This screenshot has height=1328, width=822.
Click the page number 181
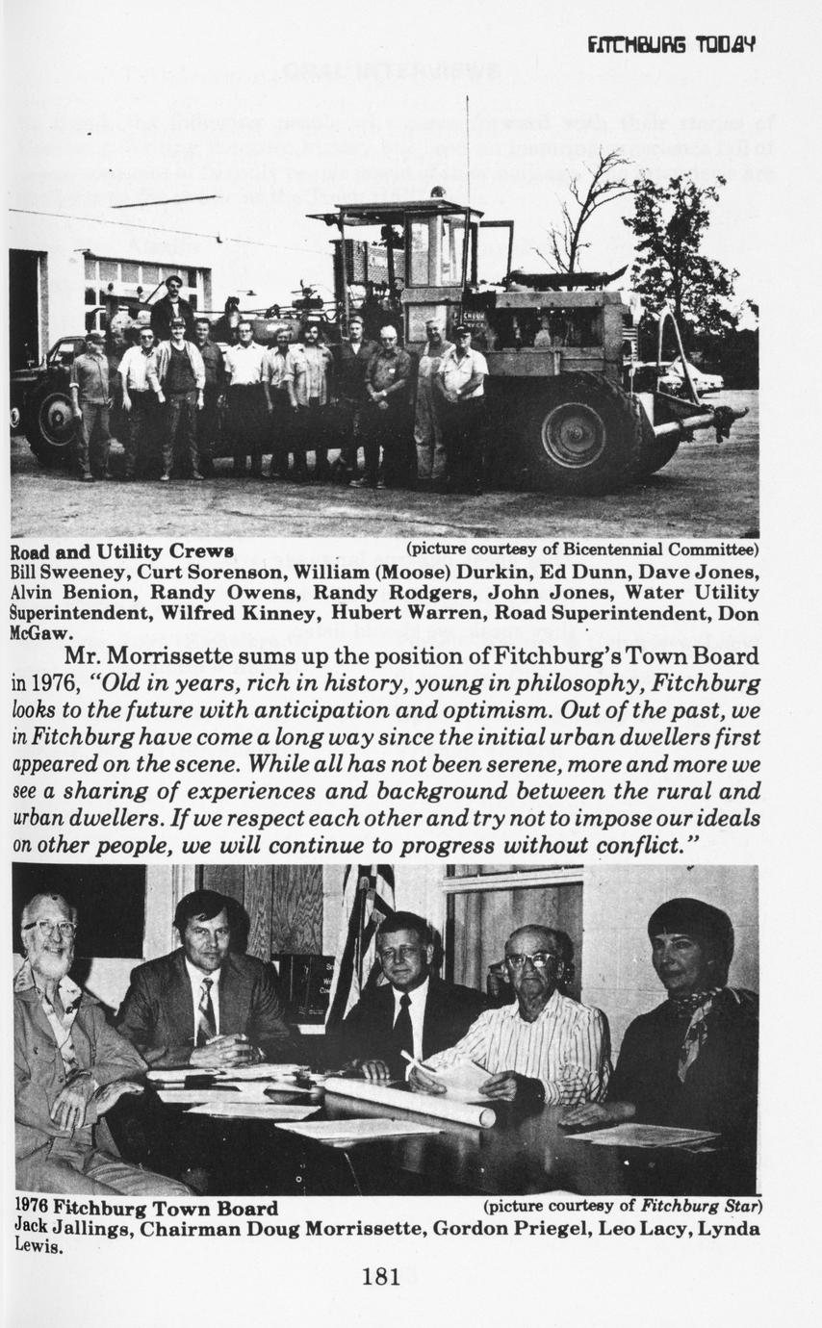click(x=380, y=1277)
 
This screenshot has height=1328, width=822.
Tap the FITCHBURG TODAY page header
click(x=671, y=44)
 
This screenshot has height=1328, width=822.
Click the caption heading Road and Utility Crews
click(x=121, y=551)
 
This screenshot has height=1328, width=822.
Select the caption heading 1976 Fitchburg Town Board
click(x=146, y=1209)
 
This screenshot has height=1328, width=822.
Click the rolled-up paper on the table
click(x=409, y=1100)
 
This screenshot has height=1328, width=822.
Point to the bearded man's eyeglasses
click(x=50, y=928)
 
